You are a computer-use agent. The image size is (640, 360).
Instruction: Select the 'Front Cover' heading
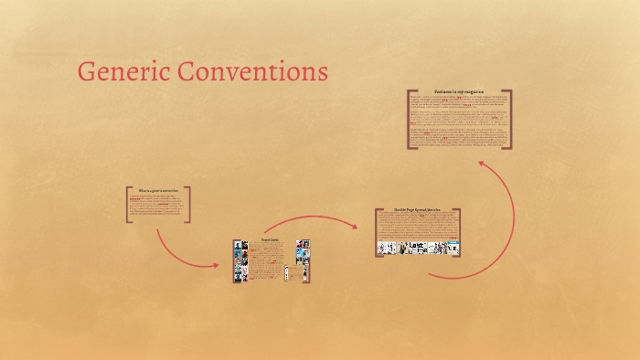(x=271, y=239)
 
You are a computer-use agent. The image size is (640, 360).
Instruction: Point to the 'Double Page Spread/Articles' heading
(x=417, y=210)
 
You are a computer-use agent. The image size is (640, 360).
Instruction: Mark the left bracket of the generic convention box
(x=128, y=205)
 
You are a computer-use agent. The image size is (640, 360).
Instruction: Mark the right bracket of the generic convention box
(x=189, y=205)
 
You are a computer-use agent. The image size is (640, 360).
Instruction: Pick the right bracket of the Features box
(x=510, y=119)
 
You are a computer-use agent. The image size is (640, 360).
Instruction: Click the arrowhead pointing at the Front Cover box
(x=216, y=265)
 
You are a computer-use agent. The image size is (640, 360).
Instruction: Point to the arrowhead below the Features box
(x=481, y=165)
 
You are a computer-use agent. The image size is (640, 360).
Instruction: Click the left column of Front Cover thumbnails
(x=240, y=260)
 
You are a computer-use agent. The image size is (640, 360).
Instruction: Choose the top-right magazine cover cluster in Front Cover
(x=303, y=249)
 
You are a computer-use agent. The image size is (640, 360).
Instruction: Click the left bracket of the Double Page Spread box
(x=376, y=232)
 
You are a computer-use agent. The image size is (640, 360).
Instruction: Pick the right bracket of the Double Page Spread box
(x=459, y=232)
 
